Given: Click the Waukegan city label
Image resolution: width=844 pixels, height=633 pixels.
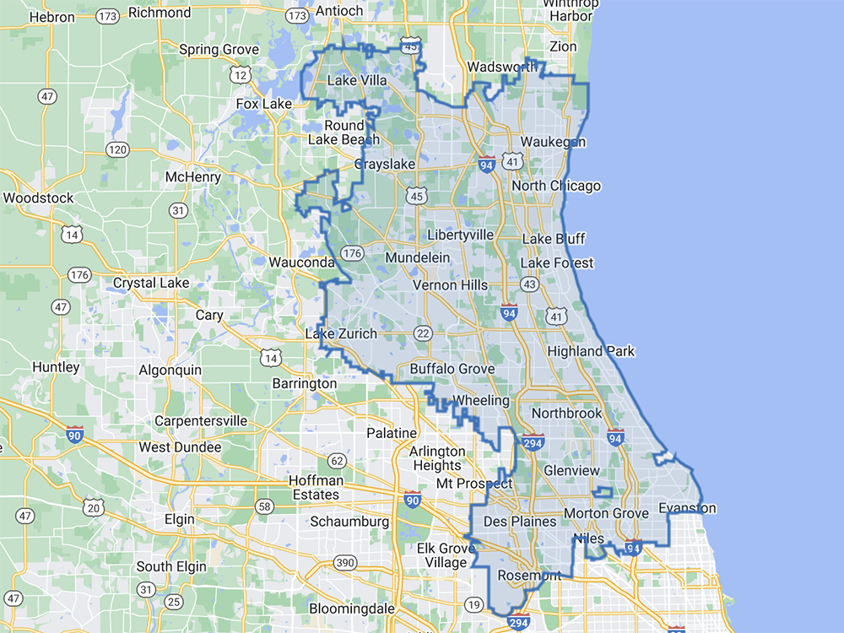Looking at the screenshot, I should tap(553, 142).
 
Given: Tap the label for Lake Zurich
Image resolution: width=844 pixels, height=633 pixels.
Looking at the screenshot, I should tap(341, 334).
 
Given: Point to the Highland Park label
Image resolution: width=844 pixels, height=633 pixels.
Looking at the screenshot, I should tap(591, 351).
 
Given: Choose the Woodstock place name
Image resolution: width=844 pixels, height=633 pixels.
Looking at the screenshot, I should tap(38, 198).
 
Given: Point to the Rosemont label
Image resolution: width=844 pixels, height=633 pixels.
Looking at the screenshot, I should tap(529, 576).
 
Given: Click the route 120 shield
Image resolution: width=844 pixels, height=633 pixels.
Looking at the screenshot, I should tap(117, 149).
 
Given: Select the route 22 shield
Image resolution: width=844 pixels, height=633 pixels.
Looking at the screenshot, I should tap(423, 334).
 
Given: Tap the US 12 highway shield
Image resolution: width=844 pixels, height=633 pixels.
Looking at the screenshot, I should tap(242, 76).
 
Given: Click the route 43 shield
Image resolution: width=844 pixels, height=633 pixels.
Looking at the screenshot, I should tap(529, 285).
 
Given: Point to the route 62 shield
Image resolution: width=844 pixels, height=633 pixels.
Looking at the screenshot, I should tap(338, 461).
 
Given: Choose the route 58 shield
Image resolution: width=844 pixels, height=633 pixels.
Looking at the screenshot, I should tap(265, 506).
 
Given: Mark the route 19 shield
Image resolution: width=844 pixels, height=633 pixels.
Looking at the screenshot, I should tap(473, 604).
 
